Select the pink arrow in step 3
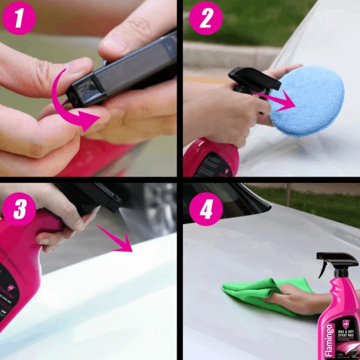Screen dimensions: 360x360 pos(115,238)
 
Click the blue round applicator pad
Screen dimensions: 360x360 pos(306,101)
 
